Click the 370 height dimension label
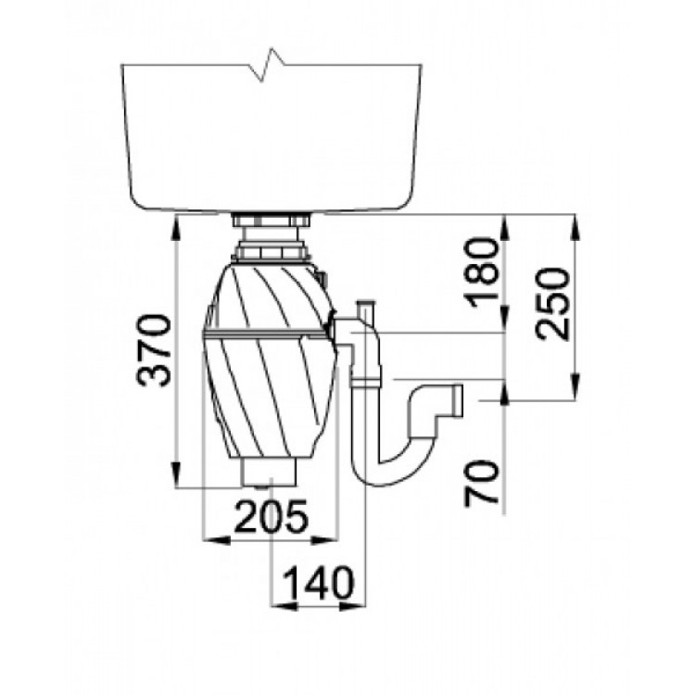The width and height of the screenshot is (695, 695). [x=154, y=350]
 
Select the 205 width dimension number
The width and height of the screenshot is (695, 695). [x=271, y=516]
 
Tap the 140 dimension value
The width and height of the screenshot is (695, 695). [x=319, y=583]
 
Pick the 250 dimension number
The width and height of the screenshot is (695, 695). [x=552, y=304]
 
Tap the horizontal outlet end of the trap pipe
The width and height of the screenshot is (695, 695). [x=457, y=401]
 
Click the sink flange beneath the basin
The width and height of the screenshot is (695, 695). [x=271, y=221]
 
